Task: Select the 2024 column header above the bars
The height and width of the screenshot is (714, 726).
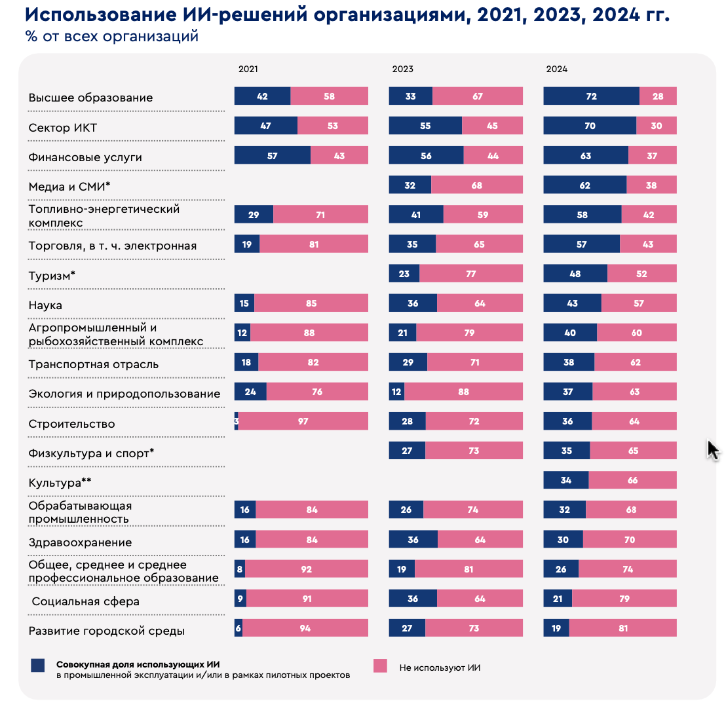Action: [x=557, y=69]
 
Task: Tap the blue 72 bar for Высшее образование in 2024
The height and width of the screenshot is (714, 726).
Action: [x=591, y=96]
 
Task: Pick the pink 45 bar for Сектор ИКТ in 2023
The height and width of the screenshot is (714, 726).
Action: [x=492, y=126]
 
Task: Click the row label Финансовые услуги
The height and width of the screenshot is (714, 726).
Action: [x=85, y=157]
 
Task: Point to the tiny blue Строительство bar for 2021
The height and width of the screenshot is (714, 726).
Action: [x=236, y=421]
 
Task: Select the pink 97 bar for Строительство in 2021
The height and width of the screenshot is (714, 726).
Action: [x=303, y=421]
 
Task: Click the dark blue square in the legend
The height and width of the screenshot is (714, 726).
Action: [x=38, y=666]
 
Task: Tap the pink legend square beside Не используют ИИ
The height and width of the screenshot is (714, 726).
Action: [x=381, y=666]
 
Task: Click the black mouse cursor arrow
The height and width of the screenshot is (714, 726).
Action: [x=713, y=450]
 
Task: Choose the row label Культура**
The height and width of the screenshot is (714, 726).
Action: [x=60, y=483]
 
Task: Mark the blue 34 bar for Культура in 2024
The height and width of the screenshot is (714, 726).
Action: [x=566, y=481]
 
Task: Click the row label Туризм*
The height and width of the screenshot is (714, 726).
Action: [x=52, y=276]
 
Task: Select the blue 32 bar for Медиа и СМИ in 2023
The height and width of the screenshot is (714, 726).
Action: [x=410, y=185]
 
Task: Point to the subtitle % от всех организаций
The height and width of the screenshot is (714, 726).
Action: [x=111, y=36]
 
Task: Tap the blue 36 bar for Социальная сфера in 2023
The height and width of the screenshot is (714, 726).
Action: [x=413, y=599]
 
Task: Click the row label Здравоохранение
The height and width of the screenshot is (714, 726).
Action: [x=80, y=542]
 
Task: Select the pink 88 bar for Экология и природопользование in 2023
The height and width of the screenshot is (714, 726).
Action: [x=463, y=392]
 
